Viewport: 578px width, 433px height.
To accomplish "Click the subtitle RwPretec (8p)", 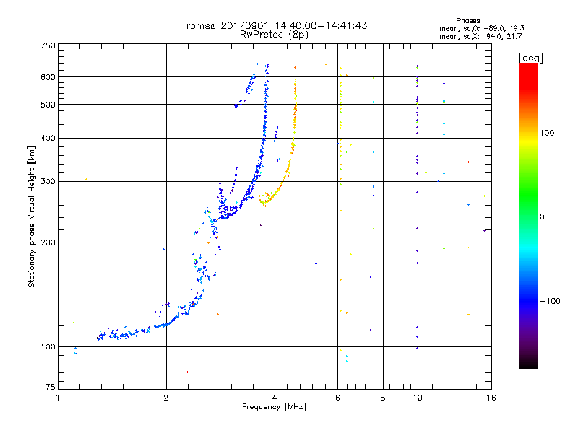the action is coord(274,35).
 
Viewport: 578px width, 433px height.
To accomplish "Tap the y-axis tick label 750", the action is coord(48,45).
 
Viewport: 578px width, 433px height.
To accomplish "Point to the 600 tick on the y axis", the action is coord(48,77).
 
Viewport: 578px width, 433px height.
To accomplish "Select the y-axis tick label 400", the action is coord(48,138).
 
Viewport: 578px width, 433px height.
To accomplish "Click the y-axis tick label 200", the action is coord(48,242).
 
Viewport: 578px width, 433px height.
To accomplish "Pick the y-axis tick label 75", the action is coord(51,387).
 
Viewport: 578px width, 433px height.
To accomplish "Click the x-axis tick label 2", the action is coord(166,398).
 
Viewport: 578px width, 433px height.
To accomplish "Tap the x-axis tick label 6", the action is coord(337,398).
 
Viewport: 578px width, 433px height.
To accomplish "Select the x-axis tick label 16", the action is coord(491,398).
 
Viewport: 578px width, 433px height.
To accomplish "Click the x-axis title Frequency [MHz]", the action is coord(274,407).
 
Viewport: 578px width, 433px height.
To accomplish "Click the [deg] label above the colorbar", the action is coord(530,58).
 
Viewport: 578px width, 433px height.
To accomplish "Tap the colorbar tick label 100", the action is coord(547,133).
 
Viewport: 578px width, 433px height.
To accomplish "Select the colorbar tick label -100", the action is coord(551,301).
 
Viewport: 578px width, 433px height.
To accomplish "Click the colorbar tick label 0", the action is coord(542,217).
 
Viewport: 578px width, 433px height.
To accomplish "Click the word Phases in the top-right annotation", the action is coord(467,21).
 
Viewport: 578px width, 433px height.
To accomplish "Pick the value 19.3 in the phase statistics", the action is coord(517,28).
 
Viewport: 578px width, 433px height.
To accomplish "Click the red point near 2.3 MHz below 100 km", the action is coord(187,372).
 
